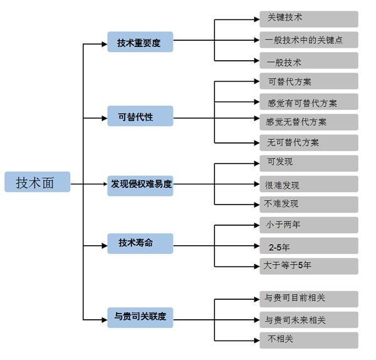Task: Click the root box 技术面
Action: pyautogui.click(x=38, y=182)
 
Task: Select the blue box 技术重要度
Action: pyautogui.click(x=140, y=42)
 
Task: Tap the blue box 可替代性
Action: pyautogui.click(x=140, y=116)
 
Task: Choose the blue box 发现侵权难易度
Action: pyautogui.click(x=140, y=186)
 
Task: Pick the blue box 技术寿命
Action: pyautogui.click(x=140, y=243)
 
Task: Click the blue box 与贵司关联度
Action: pyautogui.click(x=140, y=317)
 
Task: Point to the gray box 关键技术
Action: pyautogui.click(x=309, y=19)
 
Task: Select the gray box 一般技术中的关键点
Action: pyautogui.click(x=309, y=40)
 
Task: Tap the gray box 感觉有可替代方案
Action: pyautogui.click(x=309, y=102)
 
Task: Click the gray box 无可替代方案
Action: pyautogui.click(x=309, y=143)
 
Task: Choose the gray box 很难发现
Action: pyautogui.click(x=309, y=184)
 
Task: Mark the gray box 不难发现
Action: pyautogui.click(x=309, y=204)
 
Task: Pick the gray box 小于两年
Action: pyautogui.click(x=309, y=225)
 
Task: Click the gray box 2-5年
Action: pyautogui.click(x=309, y=246)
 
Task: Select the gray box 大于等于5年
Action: pyautogui.click(x=309, y=267)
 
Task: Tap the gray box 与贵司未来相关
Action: pyautogui.click(x=309, y=320)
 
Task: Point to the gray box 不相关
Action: pyautogui.click(x=309, y=341)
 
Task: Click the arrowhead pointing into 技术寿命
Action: pyautogui.click(x=105, y=246)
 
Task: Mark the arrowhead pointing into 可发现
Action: pyautogui.click(x=257, y=164)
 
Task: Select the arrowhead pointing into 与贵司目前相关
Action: pyautogui.click(x=257, y=299)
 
